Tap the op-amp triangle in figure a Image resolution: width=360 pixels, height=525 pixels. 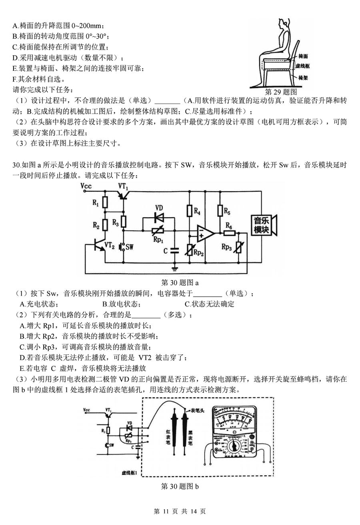pos(205,232)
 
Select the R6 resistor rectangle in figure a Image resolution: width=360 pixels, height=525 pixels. pos(230,232)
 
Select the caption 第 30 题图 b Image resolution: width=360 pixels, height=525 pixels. pos(180,487)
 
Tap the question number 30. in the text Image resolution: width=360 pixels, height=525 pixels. pos(16,165)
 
